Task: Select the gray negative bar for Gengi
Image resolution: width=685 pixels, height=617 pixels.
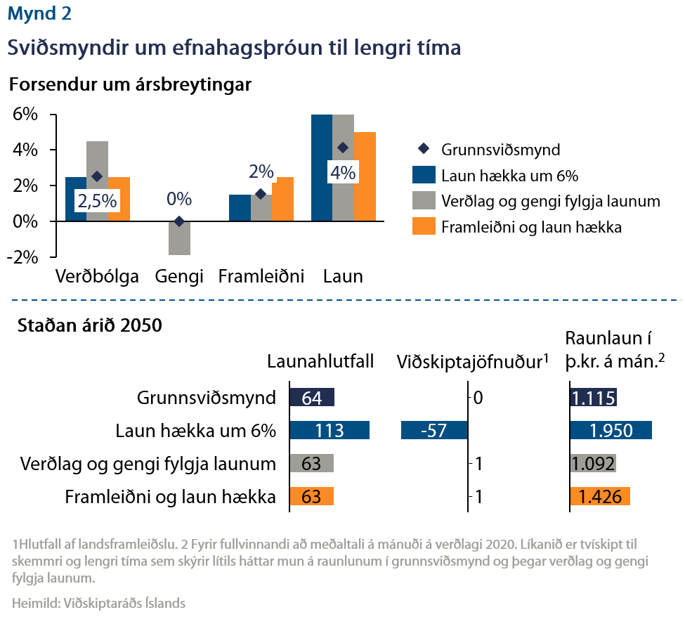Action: click(179, 238)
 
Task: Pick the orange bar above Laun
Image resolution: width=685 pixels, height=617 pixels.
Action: click(365, 176)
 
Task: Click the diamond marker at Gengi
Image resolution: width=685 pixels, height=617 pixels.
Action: click(179, 221)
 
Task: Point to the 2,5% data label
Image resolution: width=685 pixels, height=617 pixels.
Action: click(98, 202)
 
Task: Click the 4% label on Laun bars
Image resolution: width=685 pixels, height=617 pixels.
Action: click(344, 172)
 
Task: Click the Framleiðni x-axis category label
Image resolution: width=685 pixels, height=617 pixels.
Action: click(261, 276)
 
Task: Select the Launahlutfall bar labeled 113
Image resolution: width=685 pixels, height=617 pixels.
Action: click(330, 431)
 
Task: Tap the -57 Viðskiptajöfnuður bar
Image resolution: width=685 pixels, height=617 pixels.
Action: click(433, 431)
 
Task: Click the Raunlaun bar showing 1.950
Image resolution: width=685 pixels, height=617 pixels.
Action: click(611, 431)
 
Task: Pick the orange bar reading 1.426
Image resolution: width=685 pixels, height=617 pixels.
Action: click(600, 497)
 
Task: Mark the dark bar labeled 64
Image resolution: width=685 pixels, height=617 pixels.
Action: click(312, 398)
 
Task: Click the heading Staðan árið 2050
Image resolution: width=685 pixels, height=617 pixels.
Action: click(89, 326)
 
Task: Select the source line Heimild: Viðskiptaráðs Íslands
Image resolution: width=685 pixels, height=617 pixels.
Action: click(99, 603)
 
